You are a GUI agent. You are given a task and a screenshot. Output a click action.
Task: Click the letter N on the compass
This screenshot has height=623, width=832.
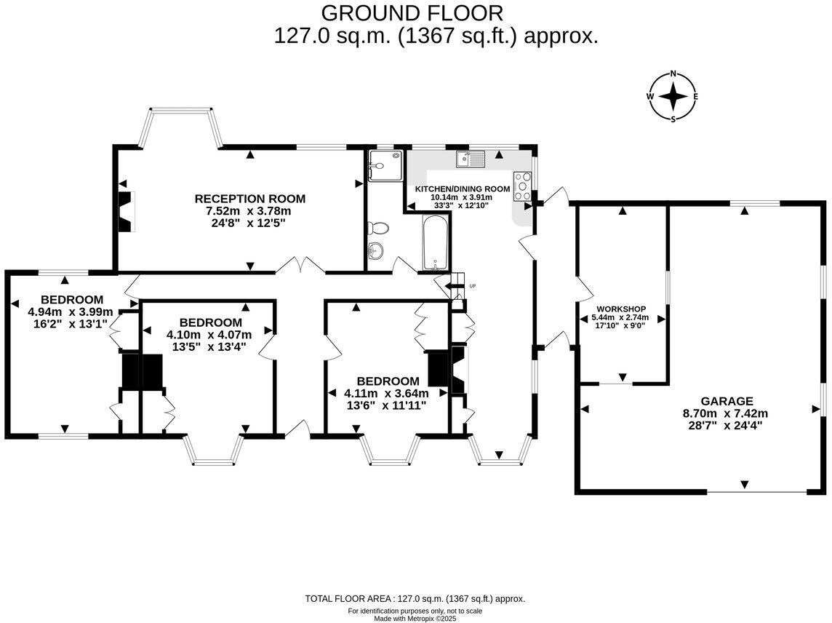(673, 74)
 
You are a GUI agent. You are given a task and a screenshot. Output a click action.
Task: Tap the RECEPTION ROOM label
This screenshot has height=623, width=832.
(249, 199)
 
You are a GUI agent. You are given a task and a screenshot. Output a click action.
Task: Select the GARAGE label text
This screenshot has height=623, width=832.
(727, 401)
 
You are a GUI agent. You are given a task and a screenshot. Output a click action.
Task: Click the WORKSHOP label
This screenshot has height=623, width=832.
(622, 309)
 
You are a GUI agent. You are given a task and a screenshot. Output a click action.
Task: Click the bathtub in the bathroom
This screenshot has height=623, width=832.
(436, 245)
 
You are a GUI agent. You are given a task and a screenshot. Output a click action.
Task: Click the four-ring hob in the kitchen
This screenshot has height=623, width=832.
(522, 186)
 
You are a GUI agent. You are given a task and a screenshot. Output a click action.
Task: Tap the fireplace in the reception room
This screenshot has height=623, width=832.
(127, 211)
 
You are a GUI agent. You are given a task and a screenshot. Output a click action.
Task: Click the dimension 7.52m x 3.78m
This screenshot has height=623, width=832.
(249, 211)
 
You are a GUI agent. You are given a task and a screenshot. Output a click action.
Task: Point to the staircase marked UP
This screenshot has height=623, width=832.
(455, 285)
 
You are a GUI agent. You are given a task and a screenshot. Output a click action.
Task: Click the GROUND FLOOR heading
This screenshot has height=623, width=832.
(412, 13)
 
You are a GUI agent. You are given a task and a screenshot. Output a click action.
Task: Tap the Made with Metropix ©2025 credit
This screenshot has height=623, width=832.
(415, 619)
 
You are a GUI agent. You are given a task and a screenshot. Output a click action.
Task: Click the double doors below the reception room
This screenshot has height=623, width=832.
(300, 266)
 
